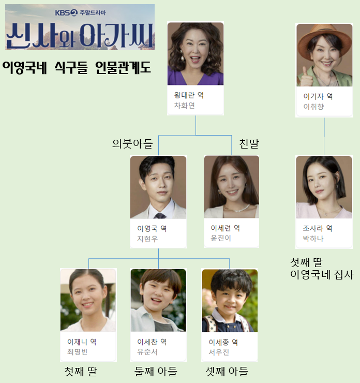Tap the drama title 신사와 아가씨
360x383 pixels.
[80, 35]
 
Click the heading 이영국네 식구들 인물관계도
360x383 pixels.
[76, 67]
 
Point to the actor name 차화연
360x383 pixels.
[185, 106]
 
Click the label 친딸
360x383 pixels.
[249, 143]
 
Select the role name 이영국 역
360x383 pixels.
[152, 228]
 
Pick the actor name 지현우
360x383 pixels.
[147, 239]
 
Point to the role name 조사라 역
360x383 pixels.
[318, 228]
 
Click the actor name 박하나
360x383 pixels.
[313, 239]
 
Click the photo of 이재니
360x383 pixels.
[88, 300]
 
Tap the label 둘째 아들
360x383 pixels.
[156, 371]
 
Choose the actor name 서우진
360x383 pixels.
[218, 352]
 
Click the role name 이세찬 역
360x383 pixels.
[152, 342]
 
